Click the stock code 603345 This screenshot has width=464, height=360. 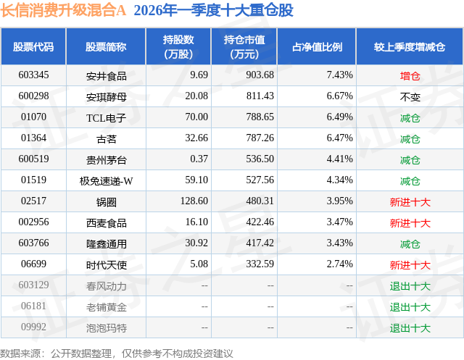point(33,75)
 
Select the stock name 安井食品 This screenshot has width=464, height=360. point(106,75)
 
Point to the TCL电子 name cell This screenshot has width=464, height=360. point(106,117)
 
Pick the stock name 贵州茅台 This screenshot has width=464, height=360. point(106,159)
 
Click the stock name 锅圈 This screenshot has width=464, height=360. point(106,201)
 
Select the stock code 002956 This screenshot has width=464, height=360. point(33,222)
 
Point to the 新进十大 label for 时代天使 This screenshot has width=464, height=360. point(410,265)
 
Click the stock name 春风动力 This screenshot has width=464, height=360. point(106,286)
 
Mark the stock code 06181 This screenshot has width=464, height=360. point(33,307)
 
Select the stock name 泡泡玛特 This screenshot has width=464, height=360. point(106,328)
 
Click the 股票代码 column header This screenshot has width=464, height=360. point(33,47)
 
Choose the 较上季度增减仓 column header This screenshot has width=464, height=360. point(410,47)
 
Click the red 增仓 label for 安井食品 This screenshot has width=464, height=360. point(410,75)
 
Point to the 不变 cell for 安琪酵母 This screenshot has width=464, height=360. point(410,96)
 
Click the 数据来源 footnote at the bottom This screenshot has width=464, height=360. point(117,353)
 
